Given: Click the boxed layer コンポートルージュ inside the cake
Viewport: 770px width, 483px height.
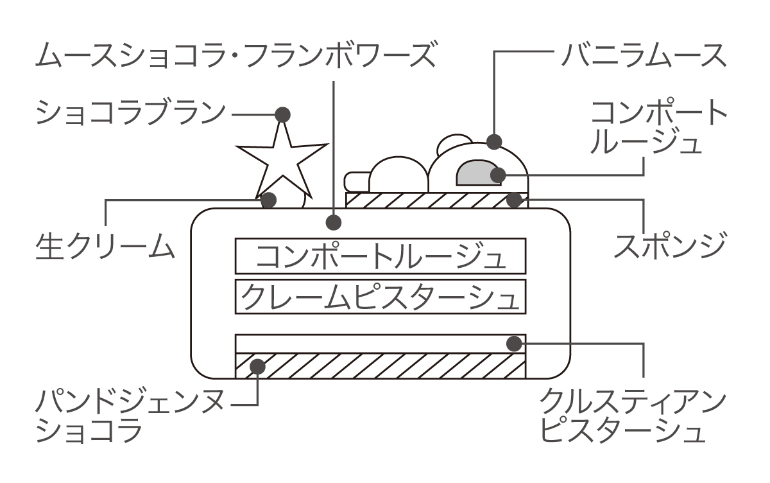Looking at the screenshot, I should pyautogui.click(x=381, y=256).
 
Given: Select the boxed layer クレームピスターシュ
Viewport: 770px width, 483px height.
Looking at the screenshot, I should pyautogui.click(x=381, y=296).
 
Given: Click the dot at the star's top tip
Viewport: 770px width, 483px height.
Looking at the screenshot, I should pyautogui.click(x=282, y=115).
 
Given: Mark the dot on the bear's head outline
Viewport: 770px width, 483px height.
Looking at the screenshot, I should pyautogui.click(x=494, y=141).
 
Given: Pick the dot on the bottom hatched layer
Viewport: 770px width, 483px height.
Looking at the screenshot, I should pyautogui.click(x=258, y=366).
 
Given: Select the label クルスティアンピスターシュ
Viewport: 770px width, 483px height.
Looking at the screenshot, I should pyautogui.click(x=632, y=417).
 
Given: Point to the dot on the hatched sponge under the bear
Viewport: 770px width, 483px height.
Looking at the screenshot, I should pyautogui.click(x=513, y=199).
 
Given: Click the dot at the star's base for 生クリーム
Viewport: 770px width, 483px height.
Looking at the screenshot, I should pyautogui.click(x=269, y=200).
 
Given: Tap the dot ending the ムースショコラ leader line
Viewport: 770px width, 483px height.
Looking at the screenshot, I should pyautogui.click(x=333, y=223).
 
